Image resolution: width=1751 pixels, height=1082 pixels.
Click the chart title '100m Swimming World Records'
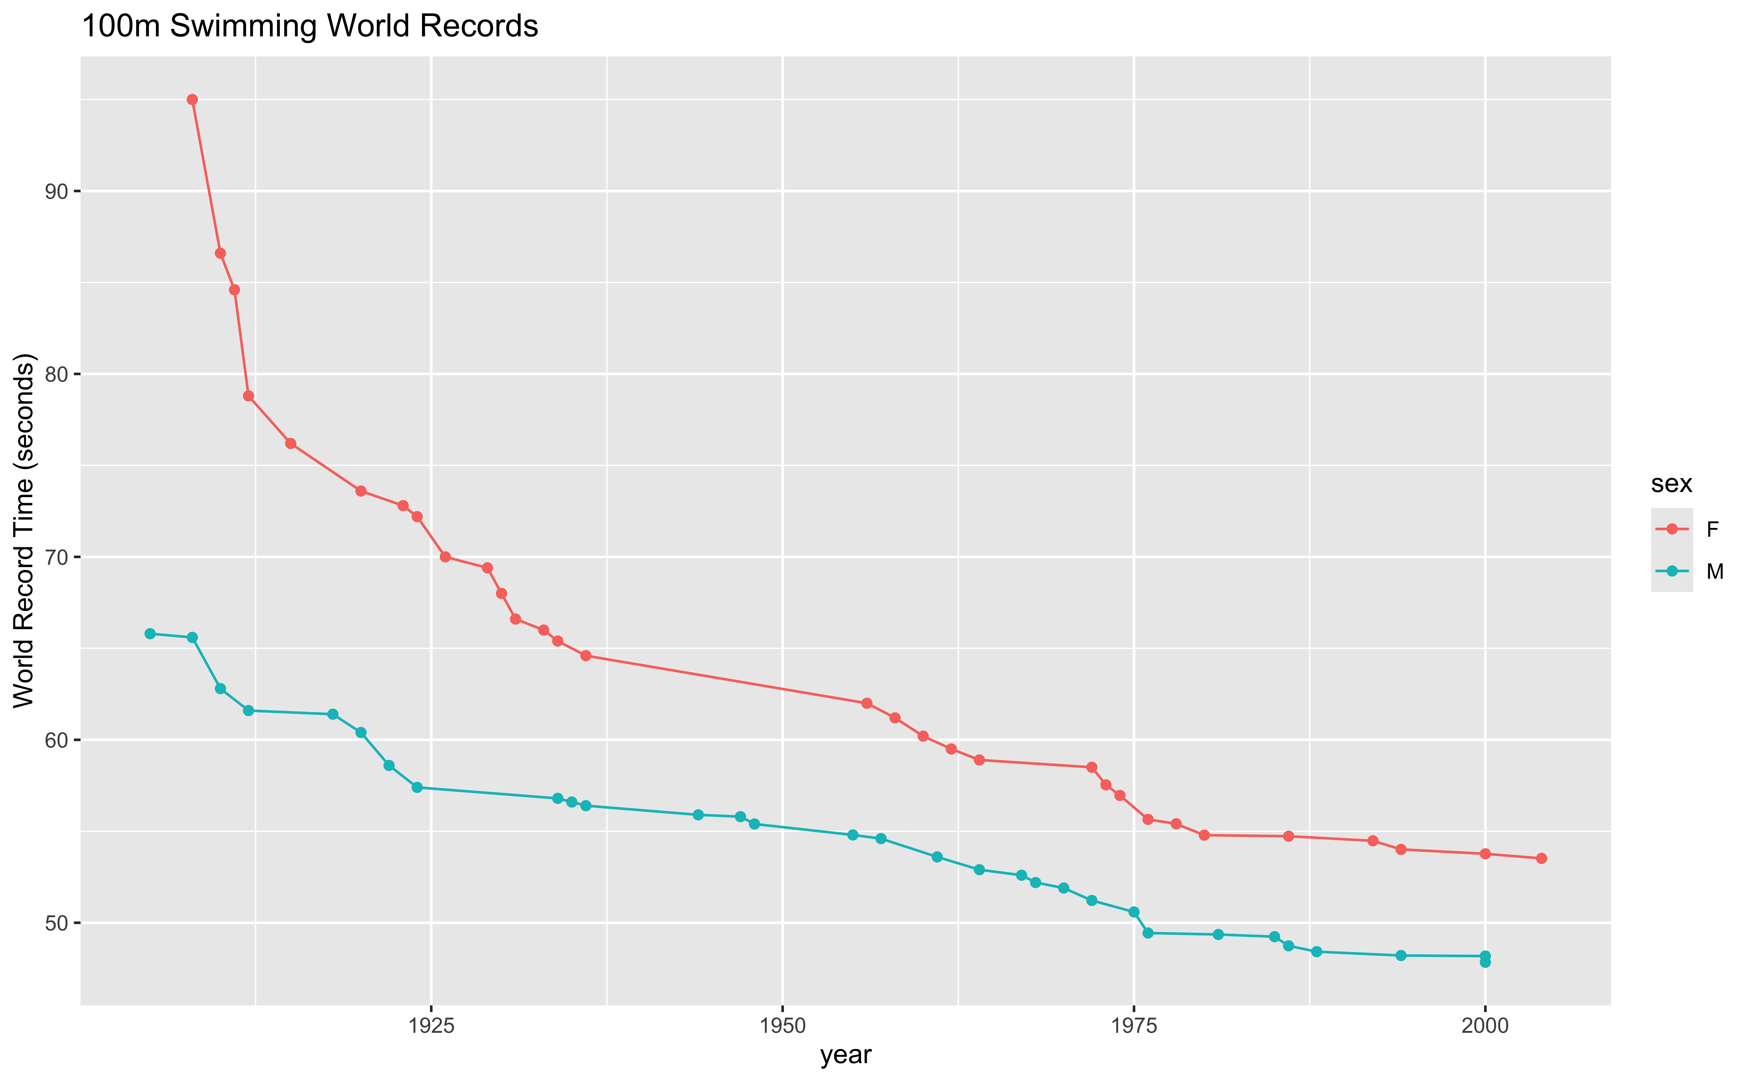(x=310, y=26)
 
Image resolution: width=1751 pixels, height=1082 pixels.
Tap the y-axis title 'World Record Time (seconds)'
(x=24, y=530)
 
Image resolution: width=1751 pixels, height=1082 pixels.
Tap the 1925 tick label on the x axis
(x=431, y=1025)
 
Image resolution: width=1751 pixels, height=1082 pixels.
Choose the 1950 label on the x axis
(x=782, y=1025)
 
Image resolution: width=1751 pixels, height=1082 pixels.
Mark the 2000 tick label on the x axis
(x=1485, y=1025)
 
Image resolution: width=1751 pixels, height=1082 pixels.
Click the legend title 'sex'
(x=1672, y=484)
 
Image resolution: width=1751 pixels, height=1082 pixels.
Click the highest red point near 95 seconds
(x=192, y=99)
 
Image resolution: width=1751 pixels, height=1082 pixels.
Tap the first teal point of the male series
(x=150, y=633)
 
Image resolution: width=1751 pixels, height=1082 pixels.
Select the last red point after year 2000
(x=1541, y=858)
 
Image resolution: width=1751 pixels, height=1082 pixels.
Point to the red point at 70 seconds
(x=445, y=557)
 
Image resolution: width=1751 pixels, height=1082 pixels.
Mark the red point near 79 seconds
(x=248, y=396)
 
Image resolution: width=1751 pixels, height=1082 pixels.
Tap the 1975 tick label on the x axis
(x=1133, y=1025)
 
